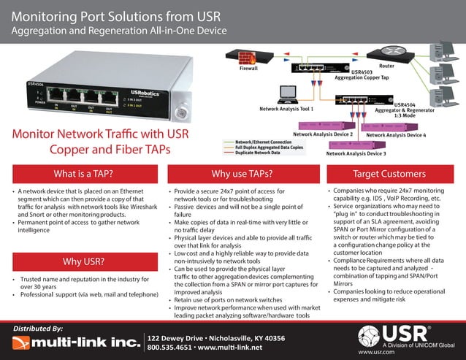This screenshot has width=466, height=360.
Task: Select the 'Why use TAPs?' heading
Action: click(242, 174)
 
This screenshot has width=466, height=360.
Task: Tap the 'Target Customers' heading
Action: click(389, 174)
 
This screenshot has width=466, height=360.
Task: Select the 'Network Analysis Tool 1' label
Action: click(286, 108)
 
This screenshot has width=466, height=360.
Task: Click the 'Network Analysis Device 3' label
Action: click(356, 154)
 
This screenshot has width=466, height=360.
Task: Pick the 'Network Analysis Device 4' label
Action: click(396, 135)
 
